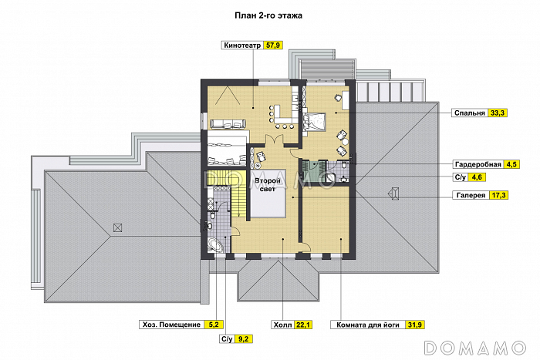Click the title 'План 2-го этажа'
268,15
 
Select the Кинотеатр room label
242,45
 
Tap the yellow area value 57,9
273,45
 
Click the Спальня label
469,113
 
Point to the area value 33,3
498,113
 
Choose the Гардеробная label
478,164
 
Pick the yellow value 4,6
476,177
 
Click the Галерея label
471,195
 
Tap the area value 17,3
498,195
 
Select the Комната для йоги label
368,325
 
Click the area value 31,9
415,325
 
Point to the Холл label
283,325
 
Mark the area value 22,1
303,325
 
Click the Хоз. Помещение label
171,325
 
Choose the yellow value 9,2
244,339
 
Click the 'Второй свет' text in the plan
268,184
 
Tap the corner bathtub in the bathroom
215,245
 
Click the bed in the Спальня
315,122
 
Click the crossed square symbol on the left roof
117,227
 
